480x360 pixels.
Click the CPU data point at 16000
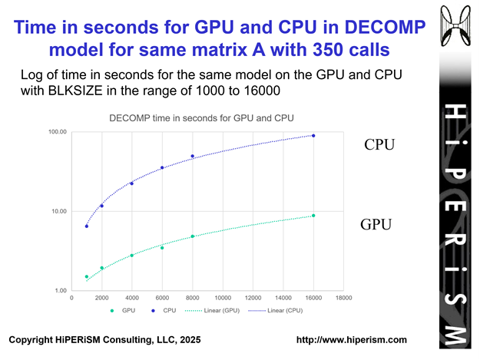pos(313,136)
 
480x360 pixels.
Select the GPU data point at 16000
pos(313,216)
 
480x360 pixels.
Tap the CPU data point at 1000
pos(87,226)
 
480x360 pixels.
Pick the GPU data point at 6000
pos(162,248)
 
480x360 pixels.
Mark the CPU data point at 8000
pos(193,157)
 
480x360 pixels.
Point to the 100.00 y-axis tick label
pos(58,132)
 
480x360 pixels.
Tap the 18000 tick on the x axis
pos(343,298)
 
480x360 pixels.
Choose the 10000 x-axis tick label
pos(223,298)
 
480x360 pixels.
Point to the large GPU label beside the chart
pos(377,225)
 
